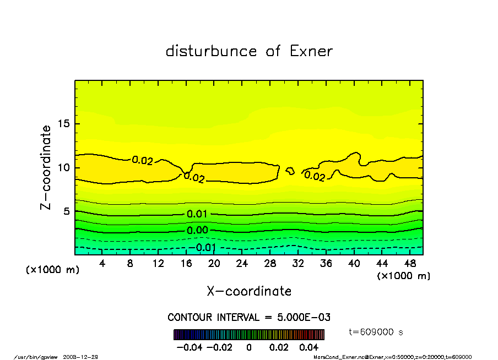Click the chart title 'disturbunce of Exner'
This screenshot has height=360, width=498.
point(249,52)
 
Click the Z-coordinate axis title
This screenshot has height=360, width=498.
point(46,167)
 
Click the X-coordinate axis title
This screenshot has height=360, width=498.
point(249,291)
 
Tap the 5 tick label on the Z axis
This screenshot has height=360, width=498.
point(68,211)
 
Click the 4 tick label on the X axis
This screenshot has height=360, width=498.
point(102,264)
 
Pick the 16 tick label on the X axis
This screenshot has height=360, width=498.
point(186,264)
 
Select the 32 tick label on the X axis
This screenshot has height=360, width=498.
point(298,264)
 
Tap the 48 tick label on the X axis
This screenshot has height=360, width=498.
point(410,264)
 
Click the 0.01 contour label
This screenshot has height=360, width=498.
point(197,214)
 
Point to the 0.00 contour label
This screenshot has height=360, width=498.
point(197,231)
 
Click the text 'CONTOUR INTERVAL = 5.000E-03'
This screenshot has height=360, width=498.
point(249,318)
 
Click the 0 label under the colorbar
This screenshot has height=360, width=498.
point(249,347)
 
